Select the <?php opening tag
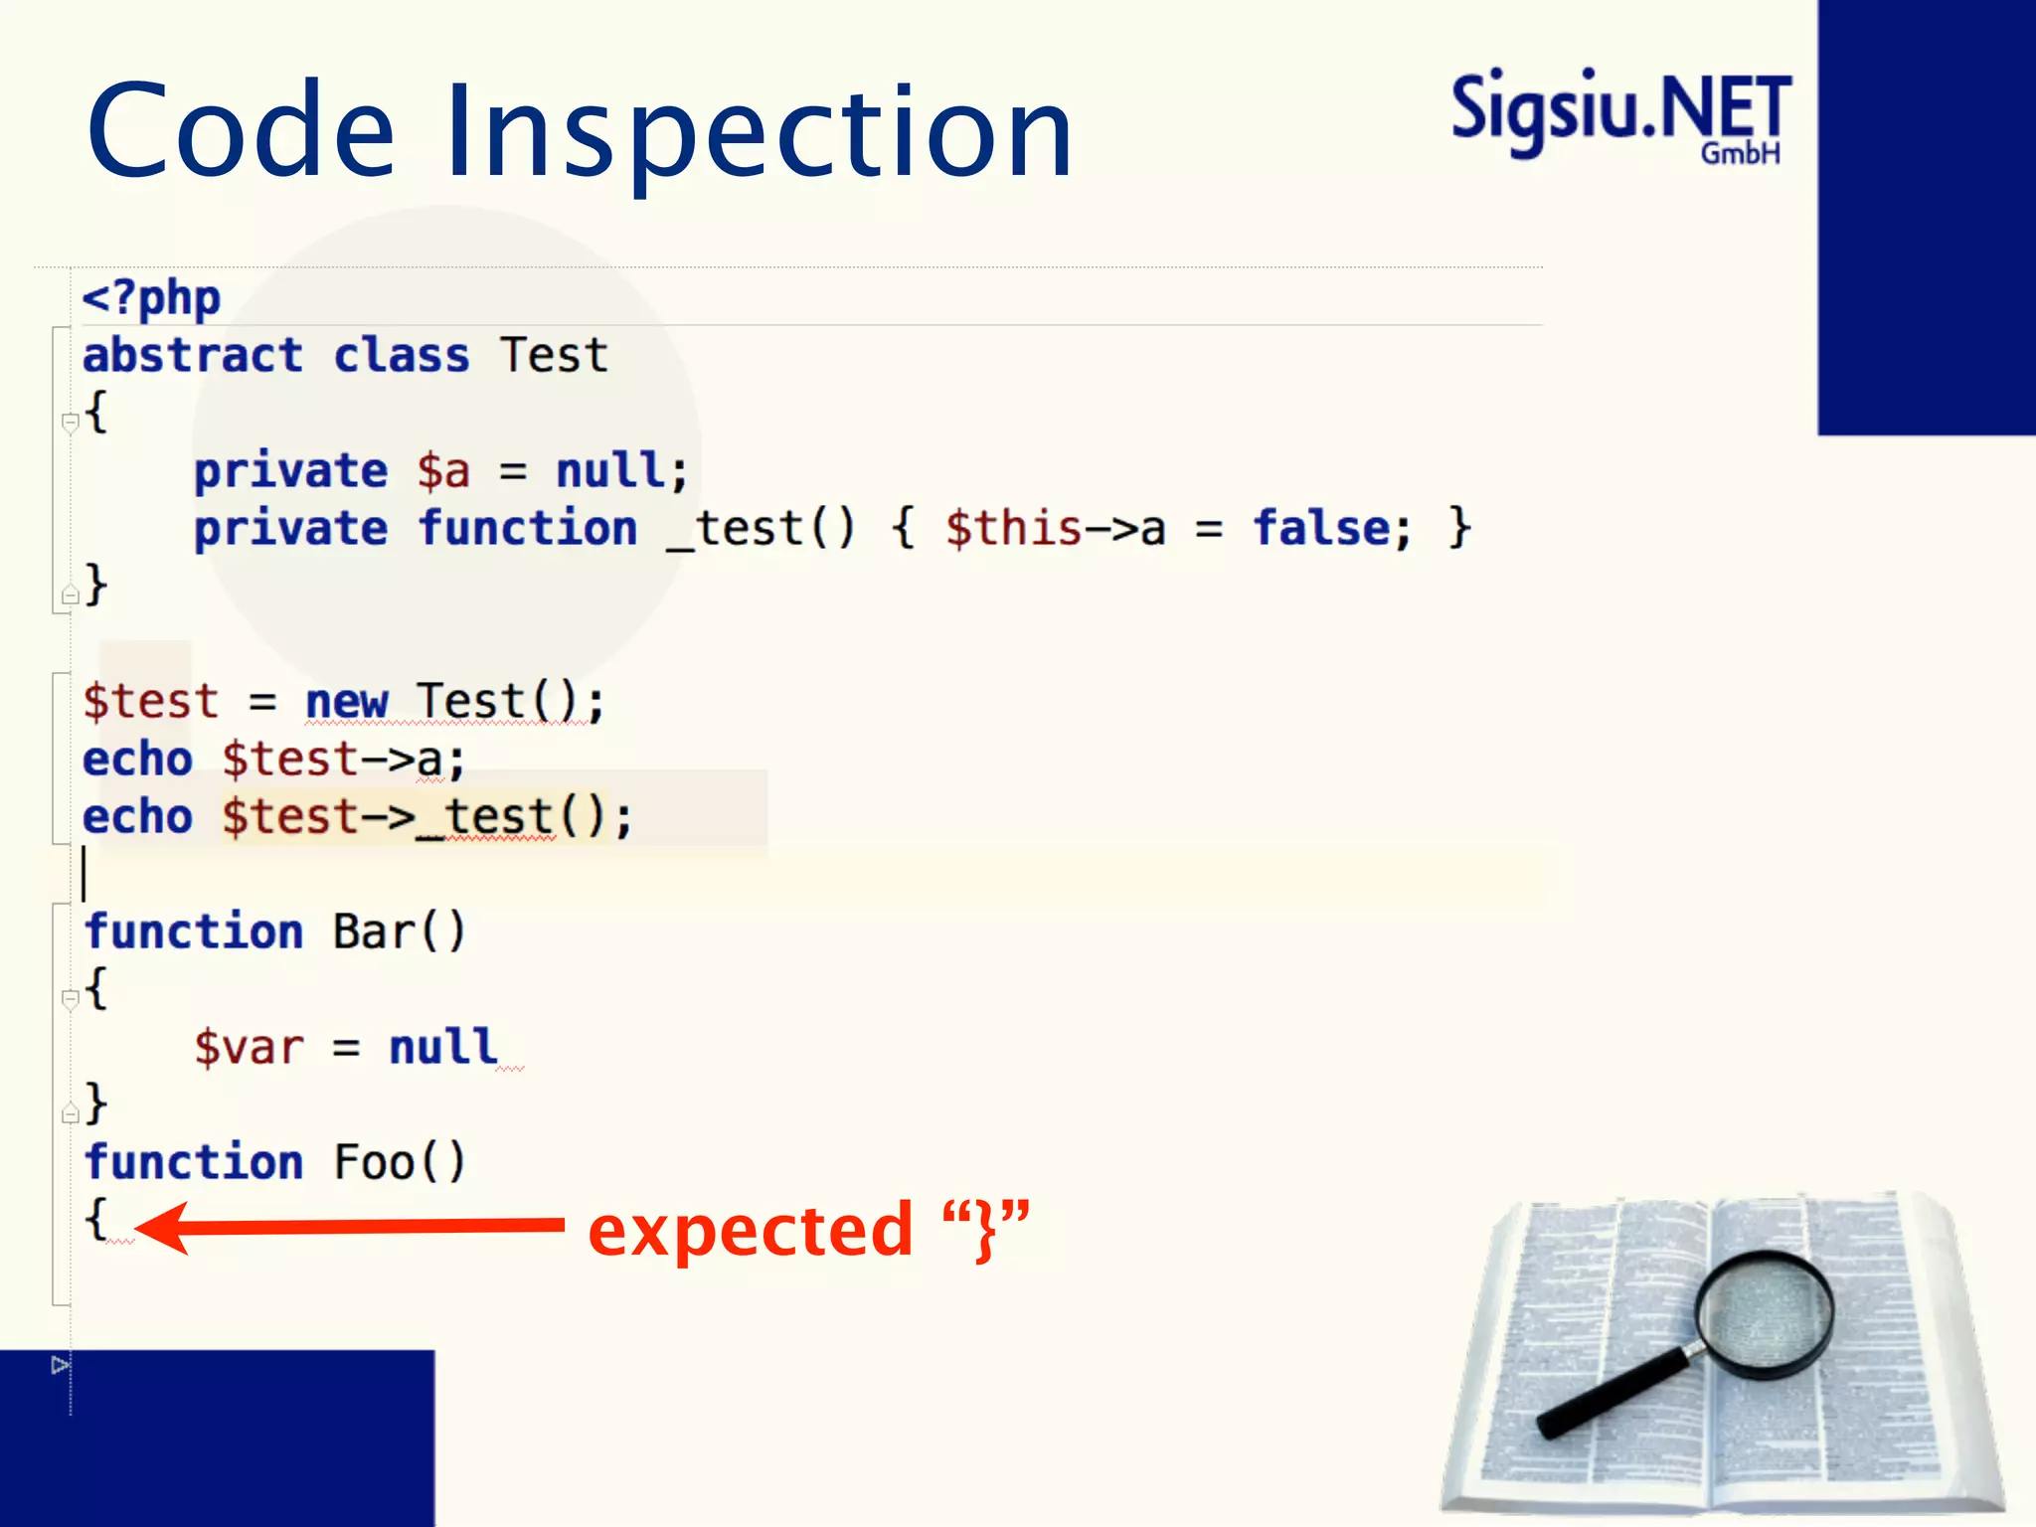click(x=151, y=297)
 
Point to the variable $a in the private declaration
click(x=443, y=471)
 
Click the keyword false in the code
click(x=1321, y=528)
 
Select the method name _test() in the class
click(x=761, y=528)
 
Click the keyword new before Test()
click(x=346, y=702)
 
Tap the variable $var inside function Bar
click(x=249, y=1048)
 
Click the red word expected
click(x=751, y=1231)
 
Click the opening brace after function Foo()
click(x=96, y=1219)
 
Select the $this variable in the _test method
click(x=1012, y=528)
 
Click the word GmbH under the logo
click(x=1740, y=153)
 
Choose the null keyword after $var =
click(x=443, y=1048)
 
